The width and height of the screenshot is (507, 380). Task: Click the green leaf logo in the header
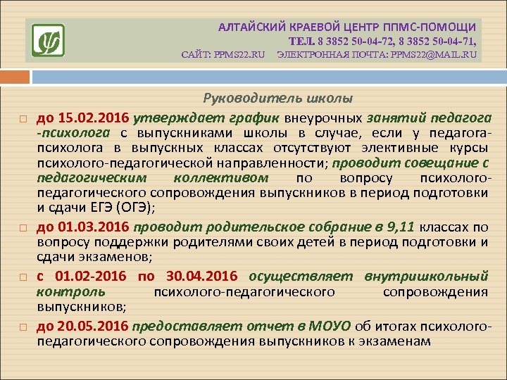48,40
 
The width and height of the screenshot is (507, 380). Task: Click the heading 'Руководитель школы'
278,99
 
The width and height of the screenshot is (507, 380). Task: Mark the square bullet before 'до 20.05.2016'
23,327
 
